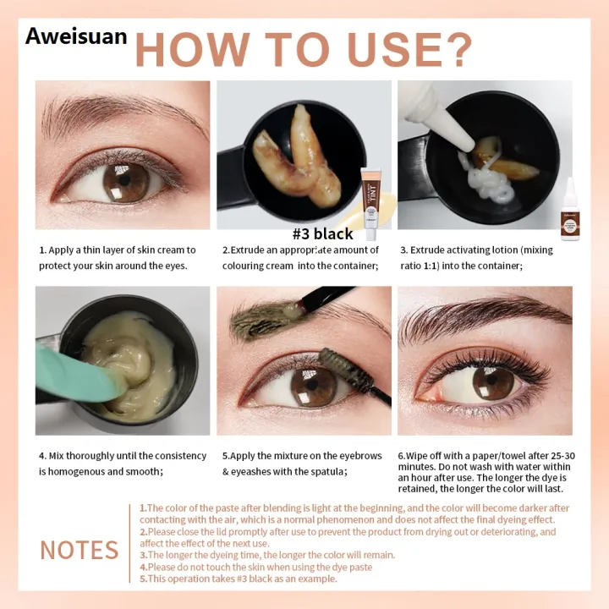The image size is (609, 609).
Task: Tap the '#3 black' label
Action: coord(322,234)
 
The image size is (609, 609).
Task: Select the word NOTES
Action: coord(80,550)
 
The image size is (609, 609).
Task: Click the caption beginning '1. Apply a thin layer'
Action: coord(118,257)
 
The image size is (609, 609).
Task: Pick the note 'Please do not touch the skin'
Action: coord(258,567)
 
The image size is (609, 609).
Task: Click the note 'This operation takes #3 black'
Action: coord(240,579)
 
